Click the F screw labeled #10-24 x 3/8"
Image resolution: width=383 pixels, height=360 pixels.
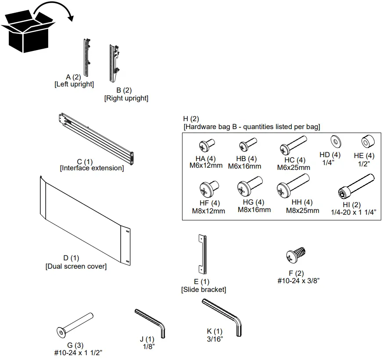click(296, 254)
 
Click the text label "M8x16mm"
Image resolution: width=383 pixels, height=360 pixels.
click(254, 210)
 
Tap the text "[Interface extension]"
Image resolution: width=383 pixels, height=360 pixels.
click(92, 168)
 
